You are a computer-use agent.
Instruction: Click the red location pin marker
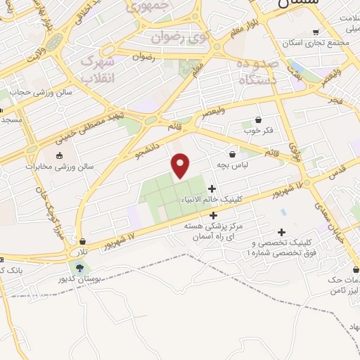181,165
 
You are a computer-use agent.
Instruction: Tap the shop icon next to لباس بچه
232,154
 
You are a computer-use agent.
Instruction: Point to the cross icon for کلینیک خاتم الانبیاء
212,188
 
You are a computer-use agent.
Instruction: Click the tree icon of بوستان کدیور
79,267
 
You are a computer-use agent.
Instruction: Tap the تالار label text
84,251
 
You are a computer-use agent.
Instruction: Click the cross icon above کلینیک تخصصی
282,233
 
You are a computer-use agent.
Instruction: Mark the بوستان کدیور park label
79,279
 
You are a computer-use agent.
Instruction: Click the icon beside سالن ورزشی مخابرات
59,155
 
